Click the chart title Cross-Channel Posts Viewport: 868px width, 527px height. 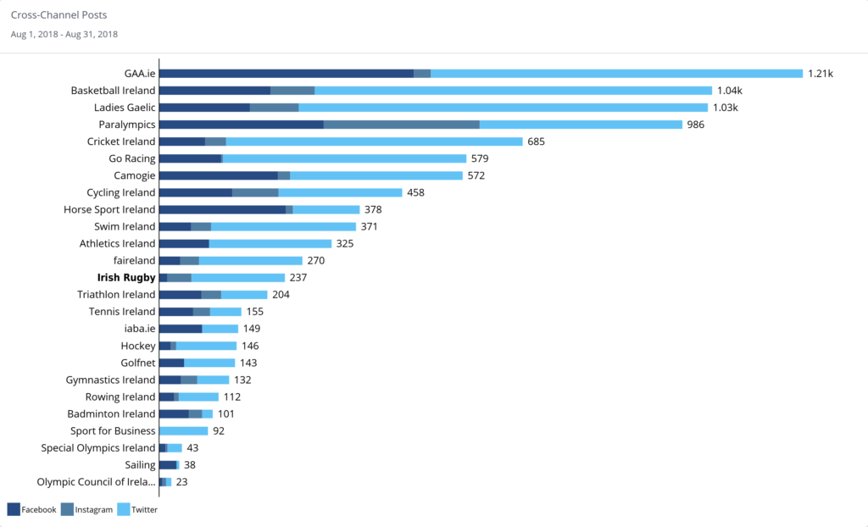pyautogui.click(x=58, y=15)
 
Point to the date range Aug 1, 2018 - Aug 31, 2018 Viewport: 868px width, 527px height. pyautogui.click(x=64, y=34)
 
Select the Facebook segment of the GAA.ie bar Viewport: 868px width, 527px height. pyautogui.click(x=286, y=74)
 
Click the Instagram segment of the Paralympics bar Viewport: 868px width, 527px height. pyautogui.click(x=401, y=125)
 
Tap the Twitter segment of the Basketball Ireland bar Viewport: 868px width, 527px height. pyautogui.click(x=513, y=91)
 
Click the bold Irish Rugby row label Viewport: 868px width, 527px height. pyautogui.click(x=126, y=277)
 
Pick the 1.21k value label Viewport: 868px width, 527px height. pyautogui.click(x=820, y=74)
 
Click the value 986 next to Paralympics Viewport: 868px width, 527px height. pyautogui.click(x=696, y=125)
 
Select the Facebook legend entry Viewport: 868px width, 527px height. pyautogui.click(x=31, y=509)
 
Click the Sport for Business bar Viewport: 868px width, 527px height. pyautogui.click(x=183, y=430)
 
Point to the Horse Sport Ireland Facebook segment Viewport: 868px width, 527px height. pyautogui.click(x=222, y=209)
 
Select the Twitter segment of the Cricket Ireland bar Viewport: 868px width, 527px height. pyautogui.click(x=374, y=141)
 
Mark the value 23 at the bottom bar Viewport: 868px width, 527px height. pyautogui.click(x=181, y=482)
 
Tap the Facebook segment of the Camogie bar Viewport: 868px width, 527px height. pyautogui.click(x=218, y=175)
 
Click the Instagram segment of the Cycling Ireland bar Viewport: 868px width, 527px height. pyautogui.click(x=255, y=192)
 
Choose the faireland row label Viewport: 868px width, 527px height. pyautogui.click(x=134, y=260)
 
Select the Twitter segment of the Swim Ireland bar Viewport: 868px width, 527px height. pyautogui.click(x=283, y=226)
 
